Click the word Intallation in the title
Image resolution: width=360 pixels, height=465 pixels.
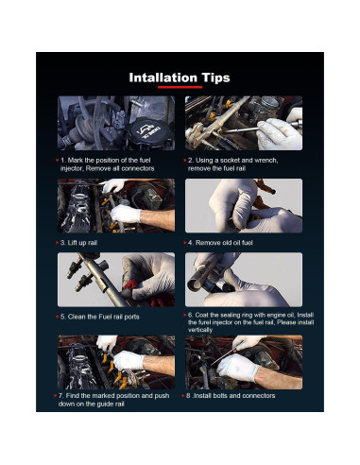tap(163, 77)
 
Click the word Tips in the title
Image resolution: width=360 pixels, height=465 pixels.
tap(216, 78)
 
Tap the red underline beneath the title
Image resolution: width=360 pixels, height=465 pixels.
tap(180, 87)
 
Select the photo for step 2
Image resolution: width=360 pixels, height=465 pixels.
tap(244, 123)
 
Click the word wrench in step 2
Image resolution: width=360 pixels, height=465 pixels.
tap(266, 160)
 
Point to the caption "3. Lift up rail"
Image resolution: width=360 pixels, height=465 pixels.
tap(78, 243)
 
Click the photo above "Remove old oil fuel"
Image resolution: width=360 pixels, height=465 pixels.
tap(244, 206)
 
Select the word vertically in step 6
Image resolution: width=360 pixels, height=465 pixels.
tap(200, 330)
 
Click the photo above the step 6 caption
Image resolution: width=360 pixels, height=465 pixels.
tap(244, 280)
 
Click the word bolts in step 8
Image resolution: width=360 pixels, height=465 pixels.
tap(222, 396)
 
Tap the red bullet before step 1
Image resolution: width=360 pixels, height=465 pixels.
tap(58, 161)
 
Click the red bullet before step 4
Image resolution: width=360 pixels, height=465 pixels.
tap(185, 243)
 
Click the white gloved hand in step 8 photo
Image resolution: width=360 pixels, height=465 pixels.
tap(238, 367)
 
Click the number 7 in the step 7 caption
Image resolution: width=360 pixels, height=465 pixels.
tap(60, 396)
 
